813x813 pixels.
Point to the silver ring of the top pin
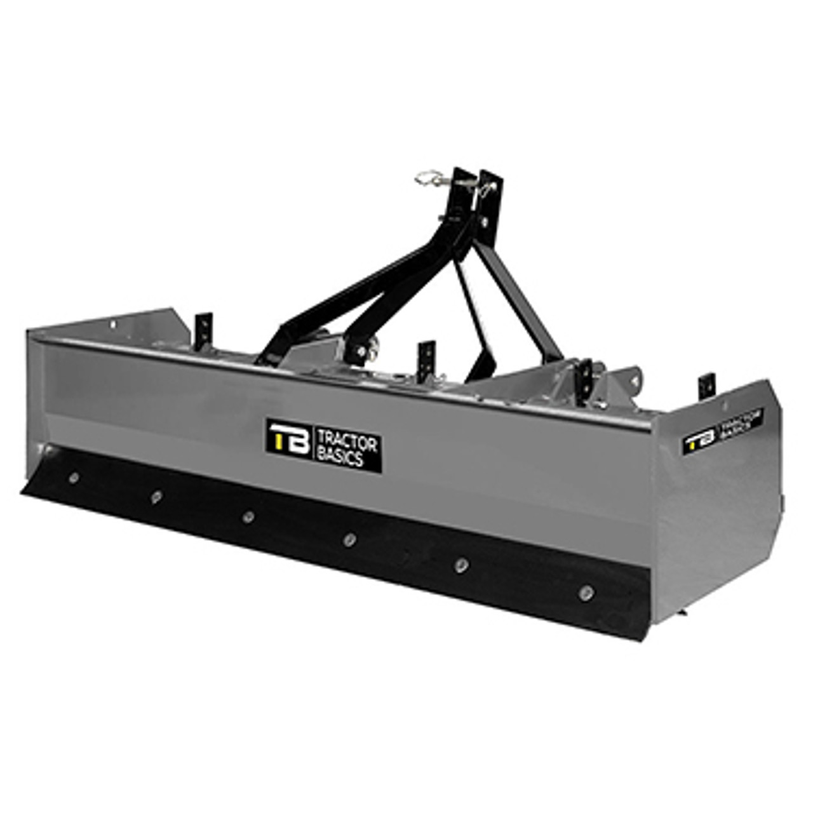[427, 180]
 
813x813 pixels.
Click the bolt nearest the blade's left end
[74, 476]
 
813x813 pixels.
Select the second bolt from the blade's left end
[156, 495]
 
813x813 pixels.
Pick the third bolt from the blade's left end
[248, 516]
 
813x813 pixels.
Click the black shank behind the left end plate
[203, 329]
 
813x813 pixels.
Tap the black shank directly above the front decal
[426, 357]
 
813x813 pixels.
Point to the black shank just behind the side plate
[706, 386]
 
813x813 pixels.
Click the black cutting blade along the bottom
[318, 540]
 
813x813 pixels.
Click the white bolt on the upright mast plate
[485, 222]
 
